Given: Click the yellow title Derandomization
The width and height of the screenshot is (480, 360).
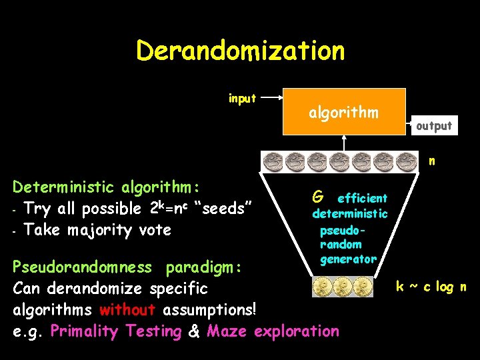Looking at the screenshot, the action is tap(240, 51).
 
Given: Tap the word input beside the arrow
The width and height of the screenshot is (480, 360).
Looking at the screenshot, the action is tap(242, 99).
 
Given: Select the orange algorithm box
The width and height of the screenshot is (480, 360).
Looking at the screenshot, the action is tap(344, 112).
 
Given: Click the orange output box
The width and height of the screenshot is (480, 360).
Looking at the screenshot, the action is tap(434, 125).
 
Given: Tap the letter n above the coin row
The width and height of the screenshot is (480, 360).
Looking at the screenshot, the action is tap(432, 161).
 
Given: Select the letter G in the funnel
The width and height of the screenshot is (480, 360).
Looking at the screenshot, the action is tap(318, 197).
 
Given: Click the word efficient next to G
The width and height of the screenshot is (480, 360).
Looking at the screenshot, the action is tap(362, 198).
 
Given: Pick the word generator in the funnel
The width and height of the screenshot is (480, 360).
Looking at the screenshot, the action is tap(348, 258).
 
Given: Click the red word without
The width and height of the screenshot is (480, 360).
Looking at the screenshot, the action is tap(127, 309).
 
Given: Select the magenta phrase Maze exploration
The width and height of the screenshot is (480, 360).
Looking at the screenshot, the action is tap(273, 331).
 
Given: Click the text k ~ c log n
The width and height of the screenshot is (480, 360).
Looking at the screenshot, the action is tap(431, 287).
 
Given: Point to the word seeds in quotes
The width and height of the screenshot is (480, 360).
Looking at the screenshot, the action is tap(223, 208).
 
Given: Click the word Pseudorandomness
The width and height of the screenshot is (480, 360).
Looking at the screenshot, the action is tap(83, 267).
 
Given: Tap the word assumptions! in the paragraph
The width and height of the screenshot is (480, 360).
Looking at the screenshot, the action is tap(209, 309).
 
